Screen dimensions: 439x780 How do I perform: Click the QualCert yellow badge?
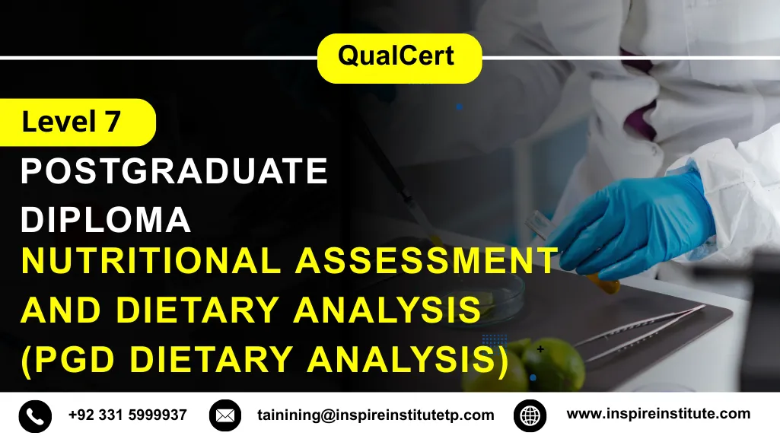coord(399,57)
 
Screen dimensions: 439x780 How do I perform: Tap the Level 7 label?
coord(72,122)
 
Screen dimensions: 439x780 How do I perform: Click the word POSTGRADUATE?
coord(174,172)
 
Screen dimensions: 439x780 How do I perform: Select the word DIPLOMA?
coord(106,220)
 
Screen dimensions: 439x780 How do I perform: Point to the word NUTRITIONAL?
coord(151,261)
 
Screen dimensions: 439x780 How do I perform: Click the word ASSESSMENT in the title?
coord(426,261)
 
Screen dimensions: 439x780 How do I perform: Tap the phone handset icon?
coord(35,415)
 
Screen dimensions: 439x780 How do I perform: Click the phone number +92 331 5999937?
coord(127,415)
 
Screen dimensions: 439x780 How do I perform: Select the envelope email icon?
coord(224,415)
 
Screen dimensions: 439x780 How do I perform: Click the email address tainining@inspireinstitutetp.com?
coord(375,415)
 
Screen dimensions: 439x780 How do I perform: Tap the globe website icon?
coord(530,415)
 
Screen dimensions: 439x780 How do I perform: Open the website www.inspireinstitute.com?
coord(658,414)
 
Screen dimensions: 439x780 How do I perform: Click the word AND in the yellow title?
coord(58,310)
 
